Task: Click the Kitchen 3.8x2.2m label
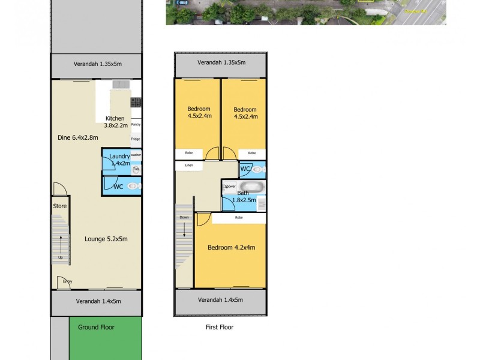[x=115, y=122]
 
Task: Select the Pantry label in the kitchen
[x=136, y=124]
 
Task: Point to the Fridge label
[x=136, y=139]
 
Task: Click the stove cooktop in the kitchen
[x=136, y=102]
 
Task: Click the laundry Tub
[x=136, y=169]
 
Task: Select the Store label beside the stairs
[x=59, y=206]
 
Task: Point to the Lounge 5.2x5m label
[x=106, y=239]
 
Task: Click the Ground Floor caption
[x=96, y=327]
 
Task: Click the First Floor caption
[x=219, y=327]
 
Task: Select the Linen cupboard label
[x=189, y=165]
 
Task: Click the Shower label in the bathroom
[x=230, y=186]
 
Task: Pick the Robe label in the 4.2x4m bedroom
[x=239, y=217]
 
